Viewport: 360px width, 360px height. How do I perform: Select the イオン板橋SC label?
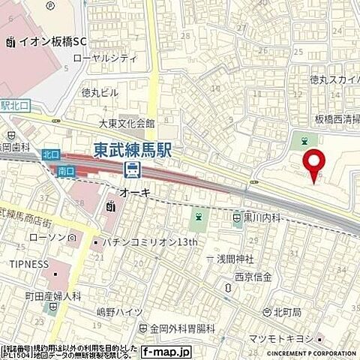[x=51, y=42]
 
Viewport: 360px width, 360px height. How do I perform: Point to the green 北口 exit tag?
[x=50, y=154]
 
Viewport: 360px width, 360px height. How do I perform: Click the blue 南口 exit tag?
[x=66, y=171]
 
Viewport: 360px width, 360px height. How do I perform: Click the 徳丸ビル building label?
[x=100, y=93]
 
